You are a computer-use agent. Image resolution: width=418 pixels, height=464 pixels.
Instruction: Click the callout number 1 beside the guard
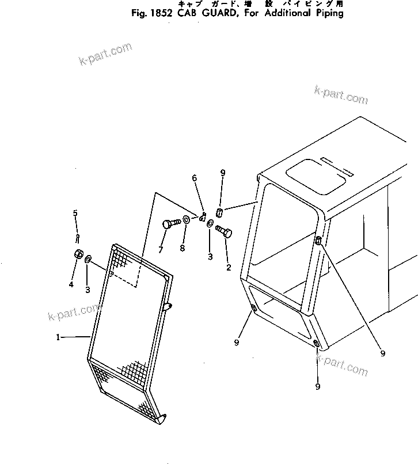pyautogui.click(x=58, y=338)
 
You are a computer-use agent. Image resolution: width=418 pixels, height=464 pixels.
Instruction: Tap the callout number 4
pyautogui.click(x=71, y=284)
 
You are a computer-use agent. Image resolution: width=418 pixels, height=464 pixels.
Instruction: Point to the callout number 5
pyautogui.click(x=75, y=214)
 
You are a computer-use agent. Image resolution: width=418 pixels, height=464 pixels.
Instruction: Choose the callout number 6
pyautogui.click(x=195, y=178)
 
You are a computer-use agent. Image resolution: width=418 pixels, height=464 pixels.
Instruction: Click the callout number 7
pyautogui.click(x=161, y=249)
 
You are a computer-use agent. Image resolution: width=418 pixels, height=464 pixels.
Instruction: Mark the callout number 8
pyautogui.click(x=183, y=249)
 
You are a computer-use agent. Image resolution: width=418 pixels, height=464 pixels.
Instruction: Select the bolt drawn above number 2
pyautogui.click(x=222, y=231)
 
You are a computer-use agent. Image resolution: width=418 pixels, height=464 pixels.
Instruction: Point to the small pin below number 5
pyautogui.click(x=77, y=237)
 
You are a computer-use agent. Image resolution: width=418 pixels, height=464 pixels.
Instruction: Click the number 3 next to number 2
pyautogui.click(x=210, y=256)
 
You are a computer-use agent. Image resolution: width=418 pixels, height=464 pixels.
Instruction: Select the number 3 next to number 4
pyautogui.click(x=88, y=290)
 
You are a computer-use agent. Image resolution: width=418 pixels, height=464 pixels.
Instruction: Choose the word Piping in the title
pyautogui.click(x=328, y=13)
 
